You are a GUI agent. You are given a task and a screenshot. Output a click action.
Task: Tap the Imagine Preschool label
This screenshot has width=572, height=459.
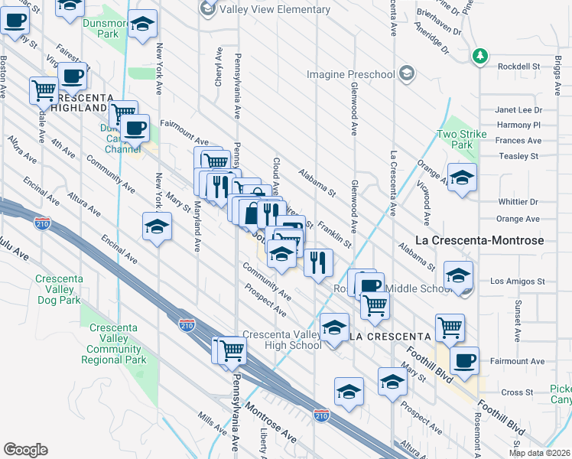(x=350, y=74)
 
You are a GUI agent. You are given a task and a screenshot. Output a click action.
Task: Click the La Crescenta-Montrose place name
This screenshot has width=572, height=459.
(x=489, y=240)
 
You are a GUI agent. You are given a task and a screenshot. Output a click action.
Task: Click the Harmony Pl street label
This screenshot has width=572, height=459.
(x=518, y=125)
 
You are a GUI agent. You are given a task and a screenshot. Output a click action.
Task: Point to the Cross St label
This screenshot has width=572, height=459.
(x=517, y=392)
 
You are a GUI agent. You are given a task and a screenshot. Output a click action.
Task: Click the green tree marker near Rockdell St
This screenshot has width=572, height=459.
(x=479, y=56)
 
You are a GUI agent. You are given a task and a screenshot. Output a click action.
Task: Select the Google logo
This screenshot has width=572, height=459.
(x=25, y=450)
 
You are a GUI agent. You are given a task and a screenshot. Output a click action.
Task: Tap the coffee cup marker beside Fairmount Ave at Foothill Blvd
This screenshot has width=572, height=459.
(x=464, y=360)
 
